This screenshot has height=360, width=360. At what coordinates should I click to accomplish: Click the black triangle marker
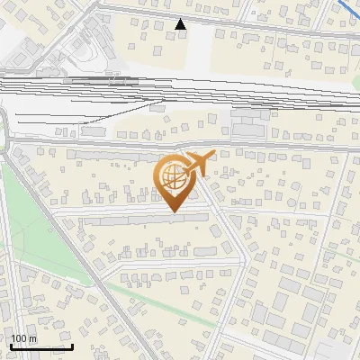click(181, 24)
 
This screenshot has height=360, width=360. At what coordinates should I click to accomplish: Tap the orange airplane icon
click(198, 166)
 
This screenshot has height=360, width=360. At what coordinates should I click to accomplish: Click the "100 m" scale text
click(23, 338)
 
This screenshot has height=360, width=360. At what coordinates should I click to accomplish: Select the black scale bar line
click(41, 346)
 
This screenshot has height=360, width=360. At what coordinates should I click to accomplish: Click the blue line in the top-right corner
click(346, 11)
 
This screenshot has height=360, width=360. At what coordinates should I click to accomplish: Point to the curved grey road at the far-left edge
click(7, 135)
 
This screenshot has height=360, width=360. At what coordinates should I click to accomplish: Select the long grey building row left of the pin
click(108, 155)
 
